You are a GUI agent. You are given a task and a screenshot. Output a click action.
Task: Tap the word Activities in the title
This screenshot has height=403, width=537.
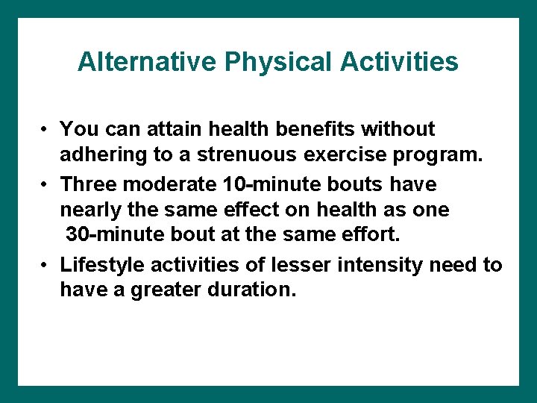coord(400,62)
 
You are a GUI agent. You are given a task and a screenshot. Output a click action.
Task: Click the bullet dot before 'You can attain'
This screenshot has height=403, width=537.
coord(45,130)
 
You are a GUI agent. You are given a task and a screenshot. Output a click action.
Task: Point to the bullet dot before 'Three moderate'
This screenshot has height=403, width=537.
coord(45,184)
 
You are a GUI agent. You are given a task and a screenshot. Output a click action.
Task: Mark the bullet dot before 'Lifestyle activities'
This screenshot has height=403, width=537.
coord(45,266)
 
